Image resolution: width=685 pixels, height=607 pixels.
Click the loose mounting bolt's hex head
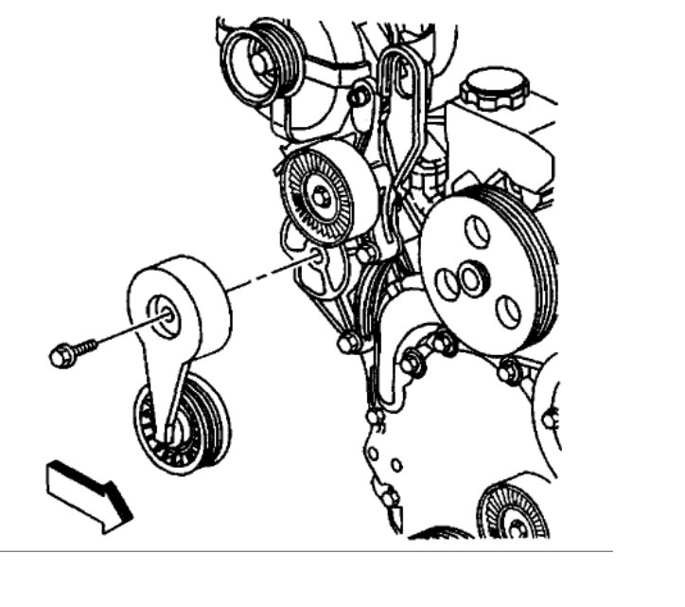59,357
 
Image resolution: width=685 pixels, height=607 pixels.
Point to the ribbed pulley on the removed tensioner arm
183,423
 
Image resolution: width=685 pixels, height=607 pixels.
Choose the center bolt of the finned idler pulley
323,197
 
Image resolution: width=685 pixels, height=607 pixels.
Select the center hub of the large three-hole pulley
471,279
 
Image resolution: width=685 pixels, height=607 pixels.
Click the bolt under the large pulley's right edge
510,371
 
